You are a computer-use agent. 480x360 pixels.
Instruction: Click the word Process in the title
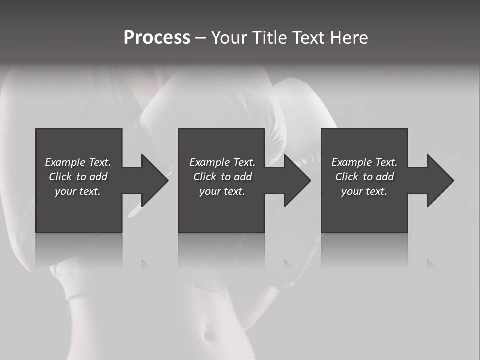pyautogui.click(x=157, y=38)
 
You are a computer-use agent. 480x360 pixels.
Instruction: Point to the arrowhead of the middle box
pyautogui.click(x=297, y=180)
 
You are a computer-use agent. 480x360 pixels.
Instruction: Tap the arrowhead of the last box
pyautogui.click(x=440, y=180)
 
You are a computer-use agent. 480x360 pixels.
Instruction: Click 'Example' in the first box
pyautogui.click(x=65, y=162)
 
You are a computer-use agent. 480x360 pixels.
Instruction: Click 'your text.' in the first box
pyautogui.click(x=78, y=191)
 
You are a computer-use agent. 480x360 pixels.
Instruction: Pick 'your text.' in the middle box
pyautogui.click(x=222, y=191)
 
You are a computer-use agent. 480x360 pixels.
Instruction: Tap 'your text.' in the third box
pyautogui.click(x=364, y=191)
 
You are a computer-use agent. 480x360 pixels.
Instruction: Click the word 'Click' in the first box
pyautogui.click(x=60, y=177)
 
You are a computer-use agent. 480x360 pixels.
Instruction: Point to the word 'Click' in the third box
pyautogui.click(x=347, y=177)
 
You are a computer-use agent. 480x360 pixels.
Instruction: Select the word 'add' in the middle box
pyautogui.click(x=242, y=177)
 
